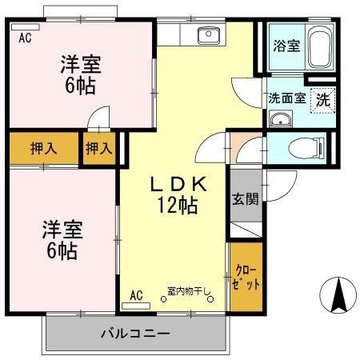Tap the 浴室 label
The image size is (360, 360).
[x=286, y=46]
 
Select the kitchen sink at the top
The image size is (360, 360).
[x=210, y=34]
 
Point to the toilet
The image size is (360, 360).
[x=308, y=147]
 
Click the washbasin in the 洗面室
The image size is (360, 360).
[x=280, y=120]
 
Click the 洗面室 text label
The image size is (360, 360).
[x=286, y=99]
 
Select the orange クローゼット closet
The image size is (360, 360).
[x=246, y=277]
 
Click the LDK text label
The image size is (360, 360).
[x=180, y=183]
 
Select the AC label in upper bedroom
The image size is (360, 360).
[x=25, y=36]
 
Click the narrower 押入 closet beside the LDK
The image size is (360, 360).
[x=98, y=148]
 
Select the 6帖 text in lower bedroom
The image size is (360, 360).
[x=60, y=250]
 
